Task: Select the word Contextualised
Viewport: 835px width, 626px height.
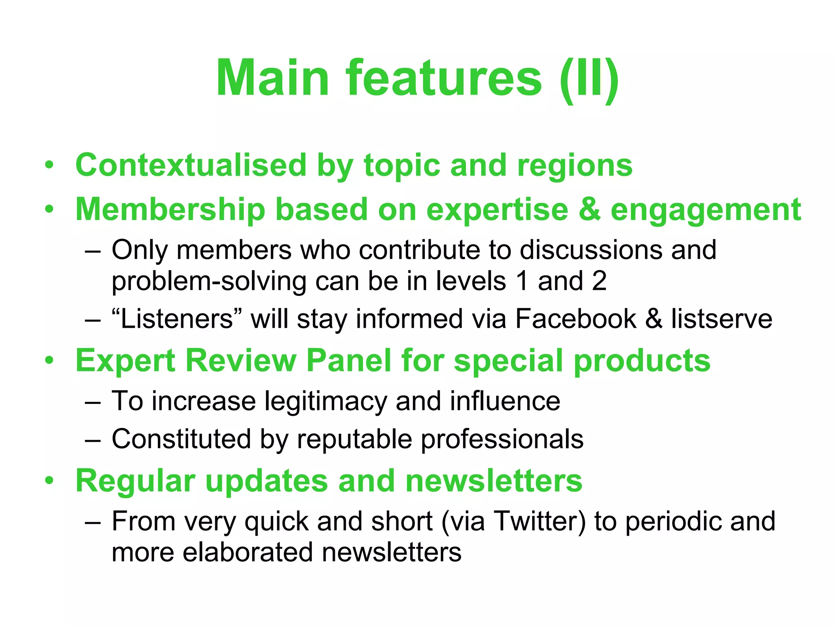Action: click(x=191, y=165)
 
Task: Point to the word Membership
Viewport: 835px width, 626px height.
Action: click(x=170, y=209)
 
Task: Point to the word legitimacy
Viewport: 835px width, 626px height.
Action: click(x=325, y=401)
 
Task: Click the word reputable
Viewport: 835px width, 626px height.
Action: click(x=354, y=439)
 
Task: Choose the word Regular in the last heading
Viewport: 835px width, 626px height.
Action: click(x=135, y=481)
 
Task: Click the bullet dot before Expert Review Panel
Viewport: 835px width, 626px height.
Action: click(x=49, y=360)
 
